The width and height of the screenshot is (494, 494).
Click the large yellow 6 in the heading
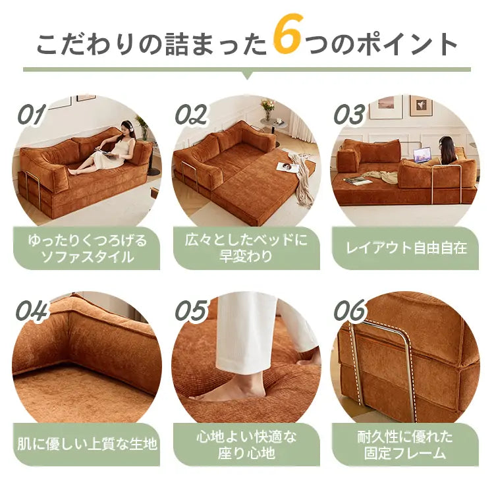(x=288, y=34)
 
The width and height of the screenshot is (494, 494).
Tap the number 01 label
(x=32, y=114)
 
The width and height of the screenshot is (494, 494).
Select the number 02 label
(x=191, y=114)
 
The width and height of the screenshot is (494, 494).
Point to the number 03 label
(x=349, y=114)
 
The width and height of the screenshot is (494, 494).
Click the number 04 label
(x=32, y=310)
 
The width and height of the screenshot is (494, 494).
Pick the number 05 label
(x=191, y=310)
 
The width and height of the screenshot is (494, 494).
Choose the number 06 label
(x=350, y=310)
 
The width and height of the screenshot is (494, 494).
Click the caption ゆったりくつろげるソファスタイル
(x=87, y=248)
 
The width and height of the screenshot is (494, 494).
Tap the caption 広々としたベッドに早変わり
(x=246, y=248)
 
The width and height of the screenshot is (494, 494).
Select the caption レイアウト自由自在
(x=406, y=248)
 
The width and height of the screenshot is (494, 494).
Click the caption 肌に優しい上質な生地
(x=87, y=444)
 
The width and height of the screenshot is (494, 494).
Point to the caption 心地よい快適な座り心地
(x=246, y=445)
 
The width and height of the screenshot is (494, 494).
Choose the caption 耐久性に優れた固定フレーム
(x=405, y=445)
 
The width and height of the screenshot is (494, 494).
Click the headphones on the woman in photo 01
(x=126, y=125)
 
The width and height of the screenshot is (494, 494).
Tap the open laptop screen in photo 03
(x=422, y=155)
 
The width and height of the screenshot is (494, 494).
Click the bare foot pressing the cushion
(x=229, y=391)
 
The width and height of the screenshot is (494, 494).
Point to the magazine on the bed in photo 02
(x=287, y=167)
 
